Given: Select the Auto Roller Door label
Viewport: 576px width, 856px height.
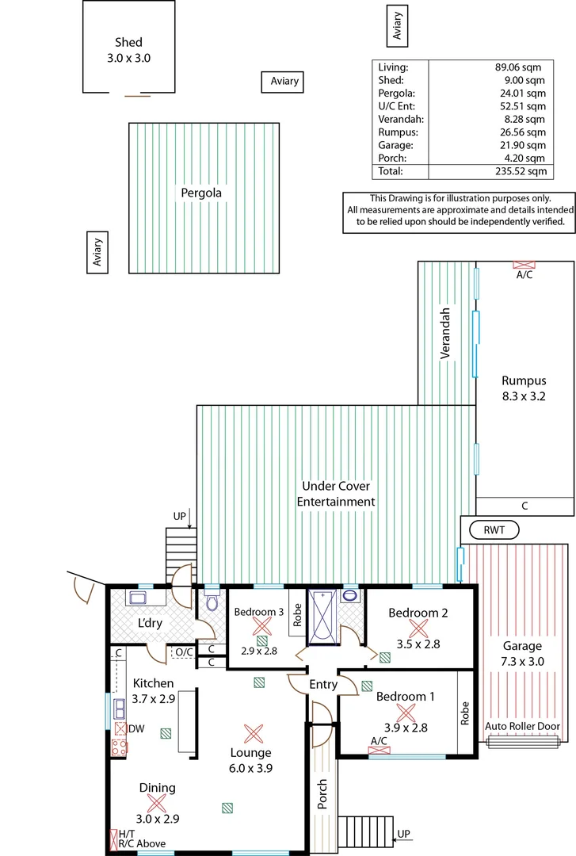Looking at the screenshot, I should click(521, 726).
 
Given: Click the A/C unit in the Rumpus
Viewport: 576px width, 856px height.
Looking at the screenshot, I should click(524, 266).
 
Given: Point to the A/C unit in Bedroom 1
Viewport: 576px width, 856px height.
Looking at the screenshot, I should click(379, 749).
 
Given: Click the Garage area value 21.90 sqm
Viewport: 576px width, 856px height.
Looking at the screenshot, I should click(521, 145).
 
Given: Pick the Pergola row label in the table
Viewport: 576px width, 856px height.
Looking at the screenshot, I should click(395, 94).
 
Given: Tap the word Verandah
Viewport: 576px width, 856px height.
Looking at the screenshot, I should click(446, 334).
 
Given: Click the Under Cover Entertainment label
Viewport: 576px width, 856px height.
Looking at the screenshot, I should click(336, 494).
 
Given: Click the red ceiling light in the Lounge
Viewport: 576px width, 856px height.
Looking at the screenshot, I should click(253, 732).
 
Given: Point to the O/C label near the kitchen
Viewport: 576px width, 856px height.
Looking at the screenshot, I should click(183, 652).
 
